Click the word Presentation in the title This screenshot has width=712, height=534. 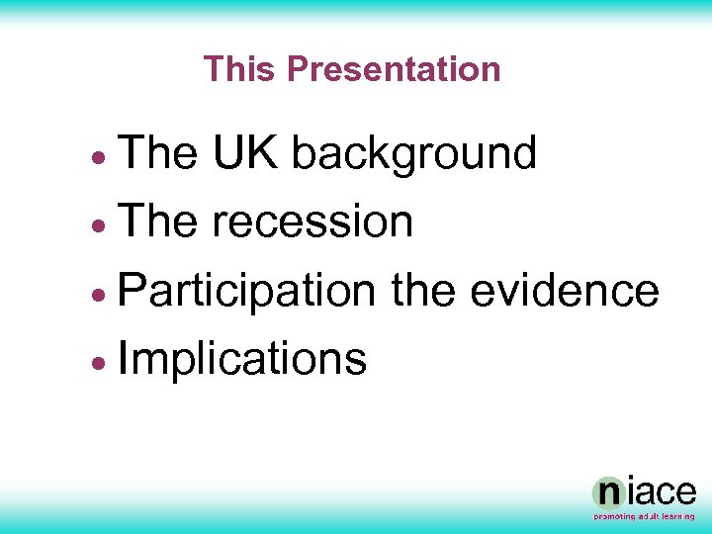tap(394, 69)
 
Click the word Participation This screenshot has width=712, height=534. tap(246, 292)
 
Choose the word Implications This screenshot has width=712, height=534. tap(242, 358)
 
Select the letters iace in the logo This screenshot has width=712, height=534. tap(661, 492)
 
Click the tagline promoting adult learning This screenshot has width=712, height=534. tap(645, 517)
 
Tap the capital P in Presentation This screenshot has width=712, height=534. tap(295, 69)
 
